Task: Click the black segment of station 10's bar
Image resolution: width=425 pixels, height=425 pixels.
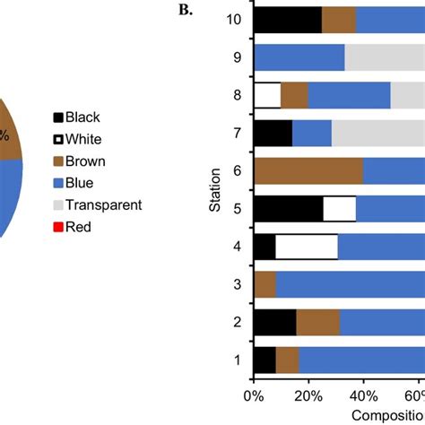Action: (x=288, y=19)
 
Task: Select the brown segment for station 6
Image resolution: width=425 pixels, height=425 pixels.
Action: (x=308, y=170)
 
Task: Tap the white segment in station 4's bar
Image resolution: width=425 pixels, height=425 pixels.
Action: (x=307, y=247)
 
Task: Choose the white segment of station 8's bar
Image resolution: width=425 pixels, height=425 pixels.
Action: (x=267, y=95)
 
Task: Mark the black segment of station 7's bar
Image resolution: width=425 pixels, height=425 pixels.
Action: (x=273, y=133)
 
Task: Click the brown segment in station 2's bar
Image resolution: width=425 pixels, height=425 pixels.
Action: (x=317, y=322)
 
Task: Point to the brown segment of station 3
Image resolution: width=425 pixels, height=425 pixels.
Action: (x=265, y=284)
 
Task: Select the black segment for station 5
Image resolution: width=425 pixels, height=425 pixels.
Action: (x=288, y=208)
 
